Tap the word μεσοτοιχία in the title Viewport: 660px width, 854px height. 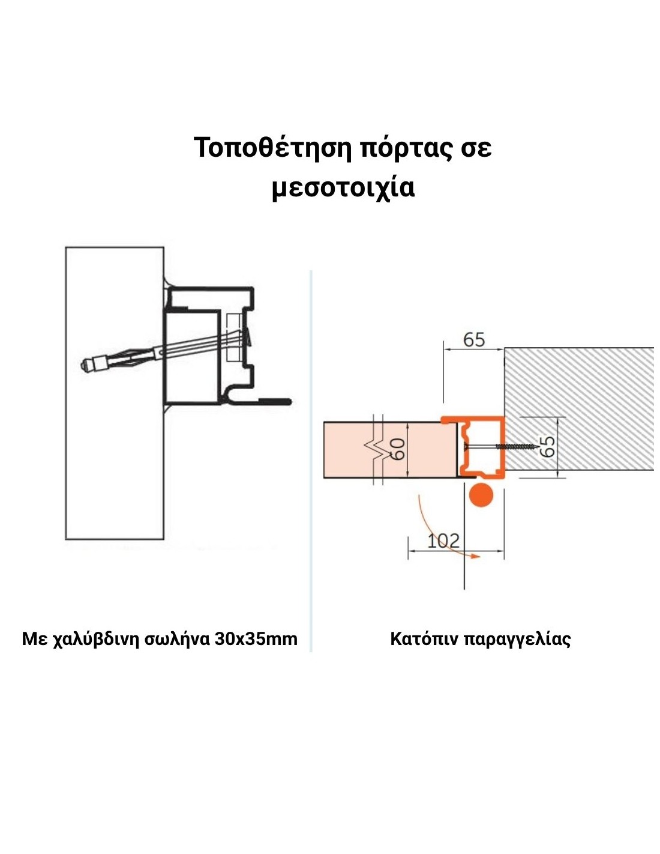pos(343,187)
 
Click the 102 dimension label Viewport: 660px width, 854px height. pos(443,541)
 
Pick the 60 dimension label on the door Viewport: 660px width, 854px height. pos(397,449)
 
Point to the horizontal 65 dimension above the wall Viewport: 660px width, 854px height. pos(473,340)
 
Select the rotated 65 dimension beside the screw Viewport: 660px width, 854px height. pos(547,447)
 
